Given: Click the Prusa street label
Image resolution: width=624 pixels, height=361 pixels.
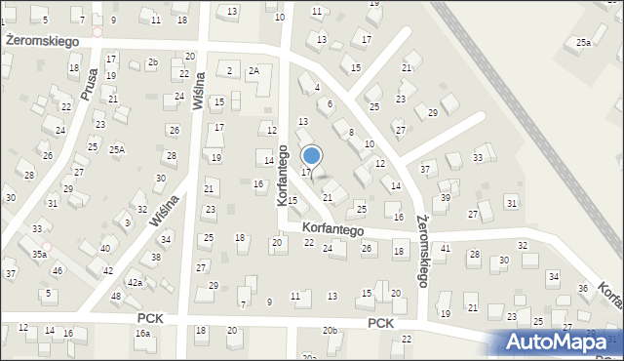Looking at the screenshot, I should (x=89, y=85).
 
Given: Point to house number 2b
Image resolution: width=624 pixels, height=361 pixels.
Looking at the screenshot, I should (x=152, y=62).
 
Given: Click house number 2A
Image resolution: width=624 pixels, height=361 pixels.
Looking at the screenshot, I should (x=253, y=70).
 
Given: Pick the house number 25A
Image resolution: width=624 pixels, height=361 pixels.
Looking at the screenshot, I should (x=117, y=149).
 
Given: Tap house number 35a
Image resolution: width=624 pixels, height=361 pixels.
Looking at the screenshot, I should (x=39, y=254).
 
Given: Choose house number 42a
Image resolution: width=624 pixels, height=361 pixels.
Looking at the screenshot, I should (x=136, y=283).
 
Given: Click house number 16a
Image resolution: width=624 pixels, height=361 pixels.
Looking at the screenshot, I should (x=143, y=334).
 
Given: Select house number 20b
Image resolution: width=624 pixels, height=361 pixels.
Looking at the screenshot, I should (x=331, y=331).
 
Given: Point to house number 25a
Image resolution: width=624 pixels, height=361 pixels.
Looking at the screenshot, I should (x=583, y=43).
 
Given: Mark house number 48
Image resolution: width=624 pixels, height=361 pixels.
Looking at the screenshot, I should (x=116, y=296).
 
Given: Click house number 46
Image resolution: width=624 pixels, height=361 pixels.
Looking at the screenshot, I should (x=58, y=270).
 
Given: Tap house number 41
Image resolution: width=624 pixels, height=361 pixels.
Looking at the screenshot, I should (x=446, y=249).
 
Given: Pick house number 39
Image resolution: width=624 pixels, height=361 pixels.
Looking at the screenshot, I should (x=445, y=198).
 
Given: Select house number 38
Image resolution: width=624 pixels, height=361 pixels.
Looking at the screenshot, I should (x=155, y=259).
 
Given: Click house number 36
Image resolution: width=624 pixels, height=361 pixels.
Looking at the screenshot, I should (x=582, y=288).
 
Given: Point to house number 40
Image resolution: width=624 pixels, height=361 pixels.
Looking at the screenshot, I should (x=104, y=249).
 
